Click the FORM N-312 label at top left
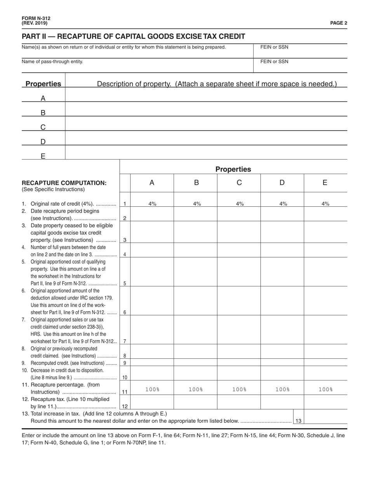point(36,18)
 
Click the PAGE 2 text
point(339,23)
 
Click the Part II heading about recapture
point(133,37)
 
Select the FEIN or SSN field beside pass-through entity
point(300,66)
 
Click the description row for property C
point(206,124)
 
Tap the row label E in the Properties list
point(43,156)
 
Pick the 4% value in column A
point(152,204)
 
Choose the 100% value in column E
point(325,389)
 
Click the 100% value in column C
point(239,389)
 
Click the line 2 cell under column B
point(195,214)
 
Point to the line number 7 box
point(125,341)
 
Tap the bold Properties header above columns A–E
point(233,169)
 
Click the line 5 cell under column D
point(282,272)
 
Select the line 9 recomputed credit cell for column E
point(325,363)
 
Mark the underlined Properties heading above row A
point(43,84)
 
